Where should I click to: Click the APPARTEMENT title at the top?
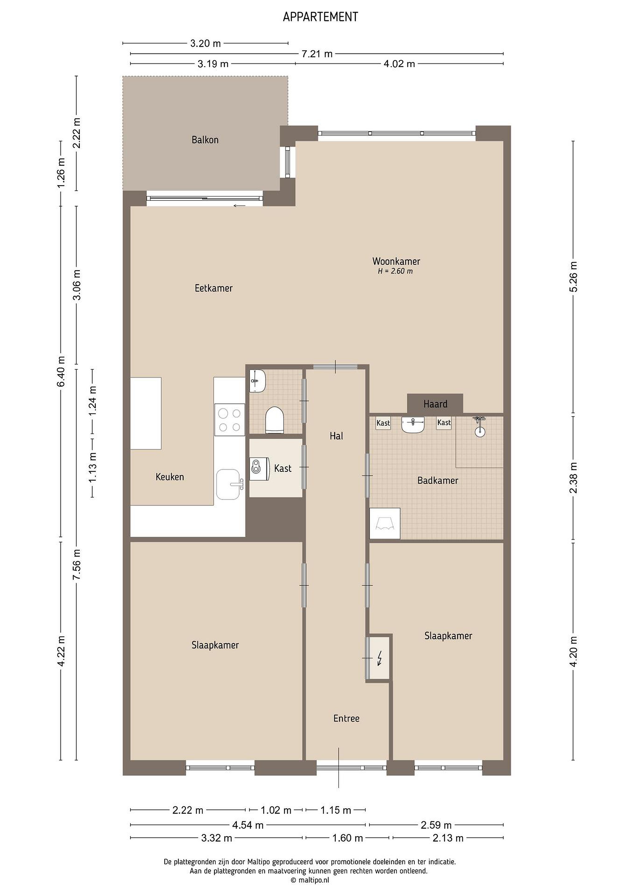[x=320, y=17]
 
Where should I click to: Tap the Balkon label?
[x=205, y=140]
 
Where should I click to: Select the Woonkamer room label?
[x=396, y=261]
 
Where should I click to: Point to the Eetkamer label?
[x=214, y=288]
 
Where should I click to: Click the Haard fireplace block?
[x=435, y=404]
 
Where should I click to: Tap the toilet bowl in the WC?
[x=275, y=420]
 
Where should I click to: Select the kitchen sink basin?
[x=228, y=484]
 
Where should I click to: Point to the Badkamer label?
[x=438, y=480]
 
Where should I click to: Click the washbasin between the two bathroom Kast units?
[x=413, y=424]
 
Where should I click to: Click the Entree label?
[x=346, y=718]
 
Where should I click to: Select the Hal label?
[x=336, y=436]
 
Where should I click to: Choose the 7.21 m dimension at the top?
[x=317, y=54]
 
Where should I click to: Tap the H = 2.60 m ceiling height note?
[x=395, y=271]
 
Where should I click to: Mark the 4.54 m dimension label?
[x=248, y=825]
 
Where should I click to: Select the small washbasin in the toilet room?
[x=258, y=380]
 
